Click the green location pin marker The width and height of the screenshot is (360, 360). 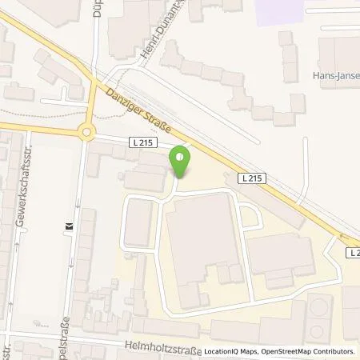click(x=181, y=163)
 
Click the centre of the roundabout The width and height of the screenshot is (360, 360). click(x=87, y=132)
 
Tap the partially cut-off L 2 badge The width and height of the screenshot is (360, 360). click(x=353, y=252)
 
